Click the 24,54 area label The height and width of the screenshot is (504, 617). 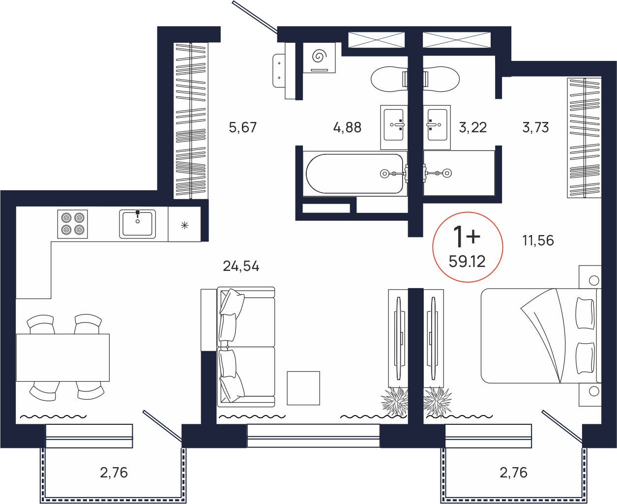tap(241, 267)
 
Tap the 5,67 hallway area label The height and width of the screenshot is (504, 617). tap(242, 128)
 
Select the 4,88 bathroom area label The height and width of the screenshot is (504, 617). tap(347, 128)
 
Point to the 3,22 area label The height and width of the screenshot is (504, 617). tap(473, 128)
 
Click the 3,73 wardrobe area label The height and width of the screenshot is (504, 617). tap(535, 128)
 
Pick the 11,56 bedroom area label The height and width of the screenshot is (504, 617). tap(538, 240)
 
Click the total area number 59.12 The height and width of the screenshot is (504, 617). tap(467, 262)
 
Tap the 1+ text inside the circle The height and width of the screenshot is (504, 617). tap(467, 237)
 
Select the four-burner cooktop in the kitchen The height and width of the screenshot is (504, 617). tap(73, 224)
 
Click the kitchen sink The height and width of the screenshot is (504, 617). tap(138, 224)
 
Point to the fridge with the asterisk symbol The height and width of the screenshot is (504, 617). tap(184, 224)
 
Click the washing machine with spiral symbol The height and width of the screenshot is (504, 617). tap(319, 58)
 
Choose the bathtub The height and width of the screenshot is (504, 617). tap(355, 174)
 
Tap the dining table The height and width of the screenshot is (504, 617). tap(62, 357)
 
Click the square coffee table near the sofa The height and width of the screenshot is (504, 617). tap(303, 388)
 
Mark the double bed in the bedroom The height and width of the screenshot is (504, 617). tap(541, 336)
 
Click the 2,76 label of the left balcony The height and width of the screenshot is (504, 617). tap(114, 473)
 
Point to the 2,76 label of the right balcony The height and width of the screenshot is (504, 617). tap(513, 473)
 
